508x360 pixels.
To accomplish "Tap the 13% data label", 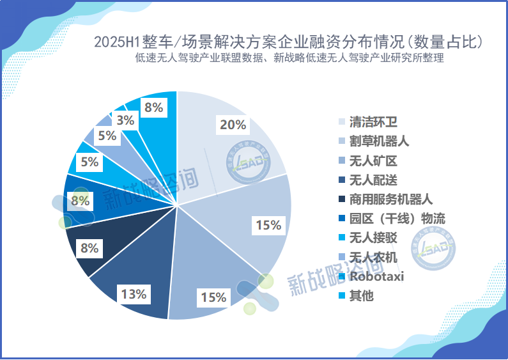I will point(133,294).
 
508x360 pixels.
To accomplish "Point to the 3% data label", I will point(125,120).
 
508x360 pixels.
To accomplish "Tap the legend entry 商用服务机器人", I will point(391,200).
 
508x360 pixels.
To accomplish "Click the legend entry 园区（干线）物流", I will point(397,219).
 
